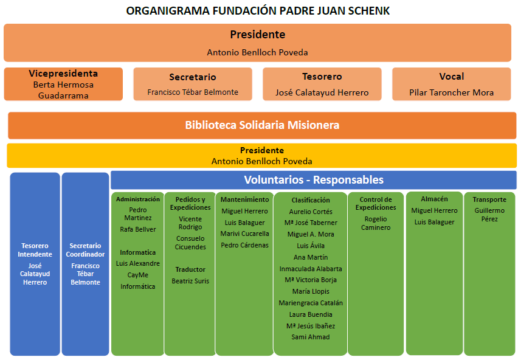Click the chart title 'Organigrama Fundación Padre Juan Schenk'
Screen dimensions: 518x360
pyautogui.click(x=258, y=11)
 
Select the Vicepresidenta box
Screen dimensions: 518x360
pyautogui.click(x=63, y=84)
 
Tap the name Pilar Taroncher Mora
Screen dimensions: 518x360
pyautogui.click(x=451, y=92)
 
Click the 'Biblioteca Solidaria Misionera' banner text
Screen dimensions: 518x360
pyautogui.click(x=262, y=125)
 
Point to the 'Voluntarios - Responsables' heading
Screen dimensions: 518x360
pyautogui.click(x=314, y=179)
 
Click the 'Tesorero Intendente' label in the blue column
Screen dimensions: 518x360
pyautogui.click(x=35, y=250)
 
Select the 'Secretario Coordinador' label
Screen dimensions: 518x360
pyautogui.click(x=85, y=250)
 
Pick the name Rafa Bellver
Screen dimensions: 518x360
pyautogui.click(x=138, y=229)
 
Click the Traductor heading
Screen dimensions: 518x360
pyautogui.click(x=190, y=269)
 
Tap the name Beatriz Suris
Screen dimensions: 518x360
pyautogui.click(x=190, y=281)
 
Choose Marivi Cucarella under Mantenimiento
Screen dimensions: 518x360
pyautogui.click(x=244, y=234)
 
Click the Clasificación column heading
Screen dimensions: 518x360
pyautogui.click(x=311, y=200)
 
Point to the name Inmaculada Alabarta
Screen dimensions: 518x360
pyautogui.click(x=311, y=269)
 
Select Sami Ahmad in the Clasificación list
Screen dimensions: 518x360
pyautogui.click(x=311, y=337)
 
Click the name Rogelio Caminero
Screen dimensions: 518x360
pyautogui.click(x=376, y=223)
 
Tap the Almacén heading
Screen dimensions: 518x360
pyautogui.click(x=434, y=199)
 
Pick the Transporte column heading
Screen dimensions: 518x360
pyautogui.click(x=489, y=199)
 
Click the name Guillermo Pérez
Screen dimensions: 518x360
pyautogui.click(x=489, y=215)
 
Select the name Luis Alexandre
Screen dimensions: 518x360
pyautogui.click(x=138, y=263)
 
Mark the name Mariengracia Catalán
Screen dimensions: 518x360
pyautogui.click(x=311, y=303)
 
